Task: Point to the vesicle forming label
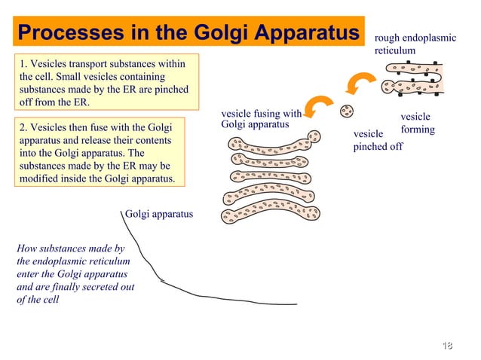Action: click(x=417, y=124)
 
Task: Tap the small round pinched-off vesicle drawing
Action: click(x=347, y=111)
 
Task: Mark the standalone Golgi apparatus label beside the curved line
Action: click(x=159, y=215)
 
